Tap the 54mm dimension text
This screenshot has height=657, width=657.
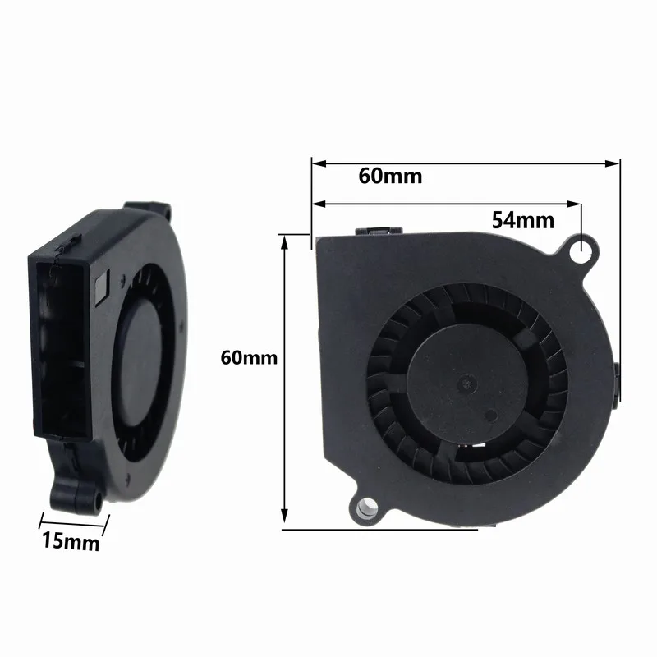[523, 220]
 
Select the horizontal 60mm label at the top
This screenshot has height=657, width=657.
[390, 177]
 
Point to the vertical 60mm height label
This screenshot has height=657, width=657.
[249, 358]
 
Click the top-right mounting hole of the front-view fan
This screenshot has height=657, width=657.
[586, 245]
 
